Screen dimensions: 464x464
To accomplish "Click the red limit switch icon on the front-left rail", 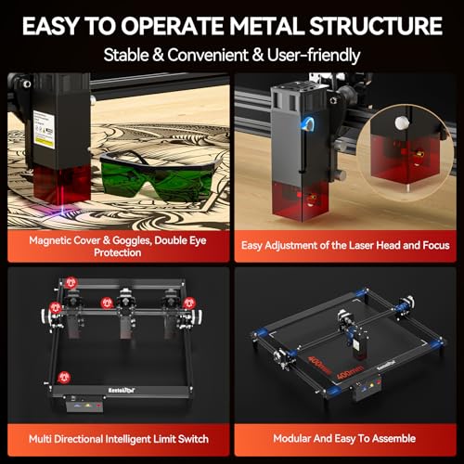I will (x=64, y=377).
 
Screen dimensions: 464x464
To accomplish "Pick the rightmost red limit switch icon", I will (x=189, y=303).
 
